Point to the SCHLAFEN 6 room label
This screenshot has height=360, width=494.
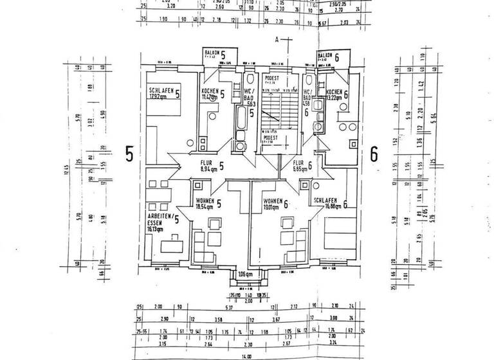(x=329, y=204)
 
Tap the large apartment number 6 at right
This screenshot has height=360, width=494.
(x=375, y=154)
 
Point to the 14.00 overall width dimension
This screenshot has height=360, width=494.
(x=246, y=355)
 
